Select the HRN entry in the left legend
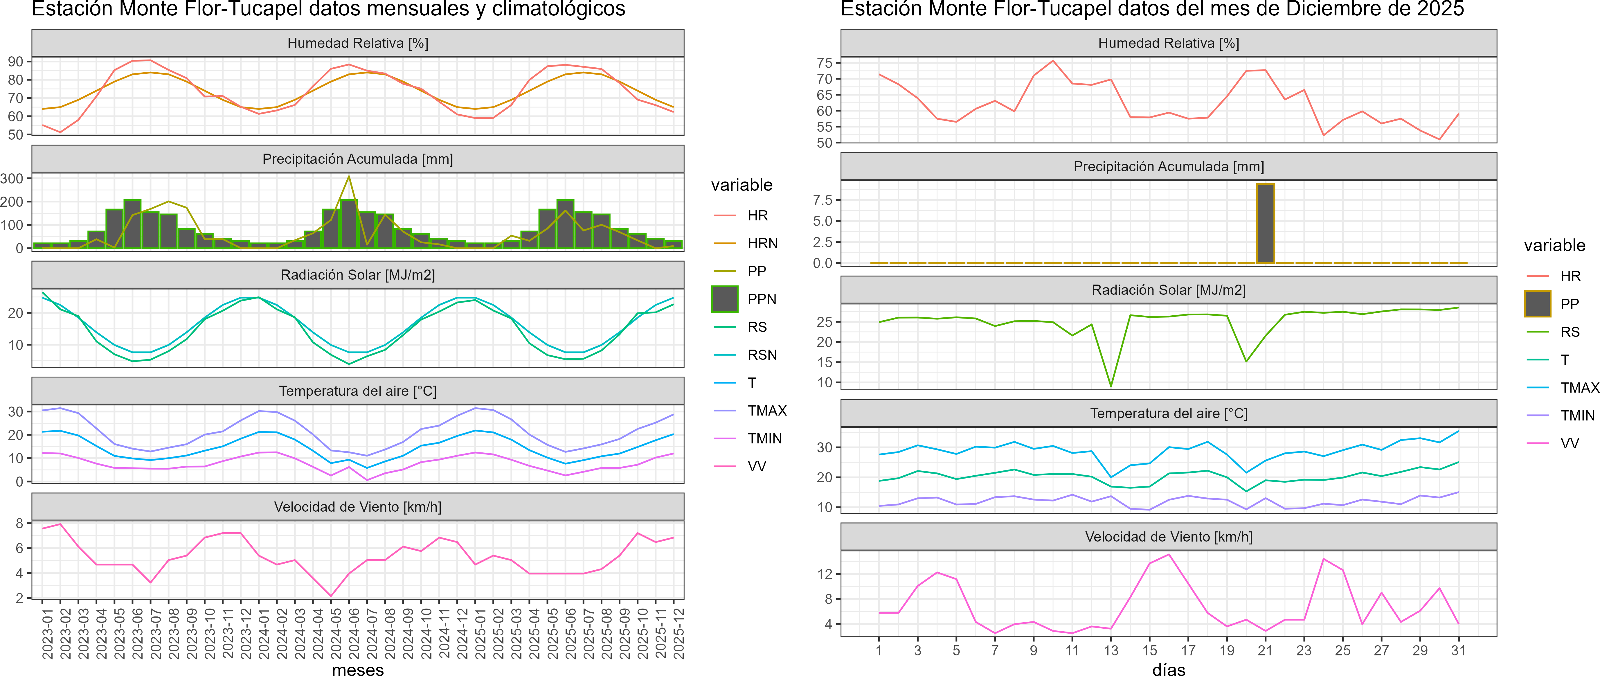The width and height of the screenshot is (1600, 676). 762,244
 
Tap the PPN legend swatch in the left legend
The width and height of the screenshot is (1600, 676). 725,299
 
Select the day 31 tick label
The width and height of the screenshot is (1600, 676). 1458,650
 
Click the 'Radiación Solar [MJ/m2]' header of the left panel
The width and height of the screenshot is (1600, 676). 358,275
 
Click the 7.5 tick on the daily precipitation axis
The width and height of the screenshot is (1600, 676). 823,200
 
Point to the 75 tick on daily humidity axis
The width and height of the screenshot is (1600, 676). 824,63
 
